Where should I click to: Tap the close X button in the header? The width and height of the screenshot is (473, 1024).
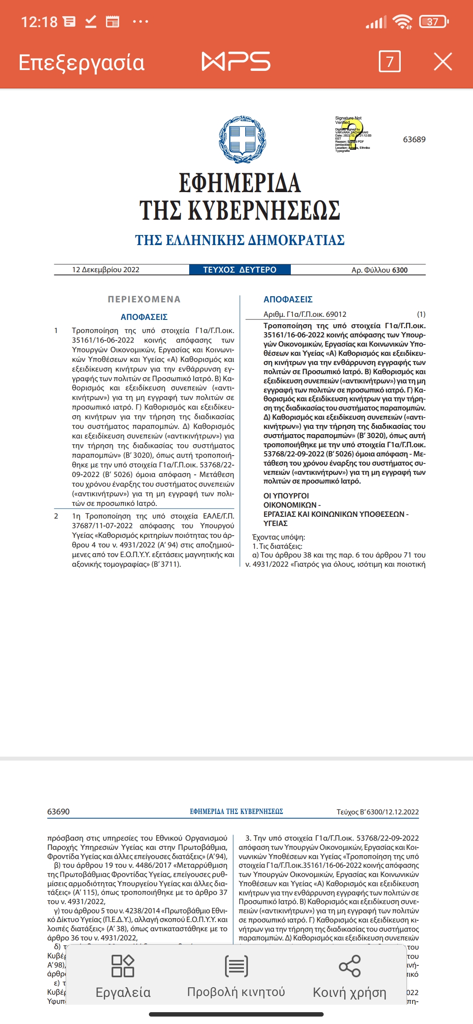click(443, 62)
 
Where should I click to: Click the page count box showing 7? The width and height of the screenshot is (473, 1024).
click(389, 62)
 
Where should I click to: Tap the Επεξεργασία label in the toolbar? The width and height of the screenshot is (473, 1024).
click(81, 63)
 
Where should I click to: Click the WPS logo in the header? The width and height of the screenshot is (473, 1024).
click(236, 61)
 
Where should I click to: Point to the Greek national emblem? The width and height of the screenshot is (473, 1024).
click(242, 140)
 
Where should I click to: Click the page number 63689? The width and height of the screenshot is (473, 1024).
click(414, 140)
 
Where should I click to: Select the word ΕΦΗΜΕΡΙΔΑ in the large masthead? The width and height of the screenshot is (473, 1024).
click(240, 183)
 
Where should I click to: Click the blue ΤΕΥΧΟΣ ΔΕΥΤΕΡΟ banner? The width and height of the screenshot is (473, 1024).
click(240, 270)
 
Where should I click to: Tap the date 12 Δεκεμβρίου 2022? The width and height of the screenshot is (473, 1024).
click(106, 270)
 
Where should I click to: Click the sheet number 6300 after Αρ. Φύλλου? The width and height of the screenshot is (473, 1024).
click(399, 270)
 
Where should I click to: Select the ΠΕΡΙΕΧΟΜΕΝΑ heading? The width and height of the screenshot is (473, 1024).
click(144, 299)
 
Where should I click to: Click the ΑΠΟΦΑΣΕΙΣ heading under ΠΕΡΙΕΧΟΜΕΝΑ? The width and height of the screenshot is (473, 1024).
click(144, 317)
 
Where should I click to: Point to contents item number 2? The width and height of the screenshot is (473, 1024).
click(56, 516)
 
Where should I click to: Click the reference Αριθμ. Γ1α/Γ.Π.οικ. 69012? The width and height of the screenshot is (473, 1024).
click(305, 314)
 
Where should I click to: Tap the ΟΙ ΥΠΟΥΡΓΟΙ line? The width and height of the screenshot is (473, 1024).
click(286, 496)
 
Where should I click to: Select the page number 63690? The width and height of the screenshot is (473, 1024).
click(58, 812)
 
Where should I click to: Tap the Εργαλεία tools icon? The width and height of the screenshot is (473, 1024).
click(123, 966)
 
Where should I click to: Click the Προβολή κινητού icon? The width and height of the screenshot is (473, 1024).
click(236, 966)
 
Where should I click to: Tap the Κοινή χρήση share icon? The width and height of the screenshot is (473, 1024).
click(349, 966)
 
